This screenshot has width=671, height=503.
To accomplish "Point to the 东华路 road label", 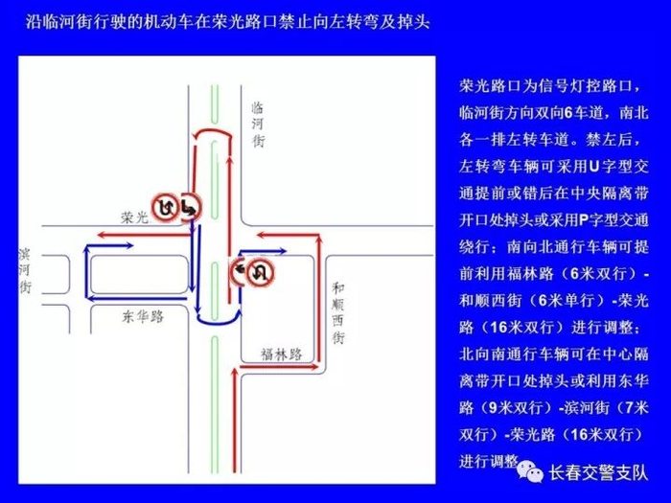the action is [141, 314].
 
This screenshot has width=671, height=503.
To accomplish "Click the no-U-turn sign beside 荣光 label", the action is [167, 205].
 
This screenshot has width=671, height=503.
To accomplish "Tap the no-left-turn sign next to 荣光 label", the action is [189, 205].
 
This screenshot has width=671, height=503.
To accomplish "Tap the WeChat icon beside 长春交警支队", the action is [528, 471].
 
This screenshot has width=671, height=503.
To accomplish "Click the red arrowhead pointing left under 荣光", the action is [96, 233].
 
